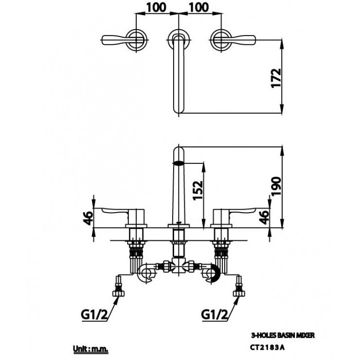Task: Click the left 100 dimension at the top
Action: coord(155,7)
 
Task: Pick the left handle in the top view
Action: coord(121,38)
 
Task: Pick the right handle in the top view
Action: coord(233,38)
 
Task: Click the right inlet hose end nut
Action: coord(239,293)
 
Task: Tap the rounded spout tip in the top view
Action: coord(179,109)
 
